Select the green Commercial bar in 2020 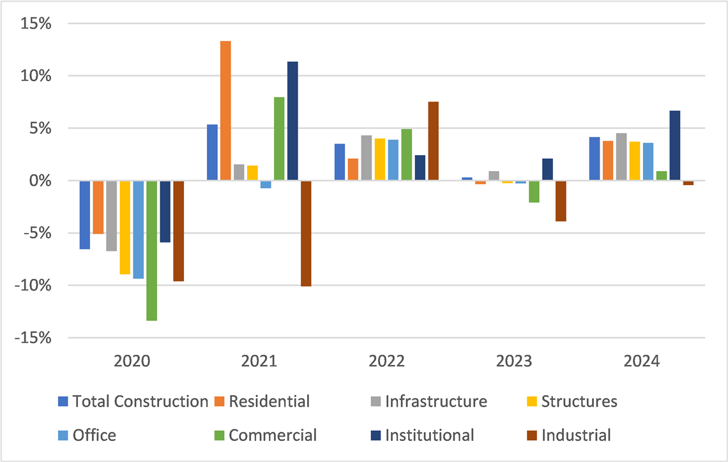tap(151, 250)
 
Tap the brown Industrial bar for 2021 tap(306, 234)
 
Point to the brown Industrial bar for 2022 tap(433, 141)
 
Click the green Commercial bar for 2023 tap(534, 191)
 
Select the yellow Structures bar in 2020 tap(125, 227)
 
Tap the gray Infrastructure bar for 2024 tap(621, 157)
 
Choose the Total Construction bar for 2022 tap(339, 162)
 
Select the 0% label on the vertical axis tap(41, 181)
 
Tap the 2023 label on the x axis tap(514, 361)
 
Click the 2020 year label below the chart tap(132, 361)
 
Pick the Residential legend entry tap(269, 401)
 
